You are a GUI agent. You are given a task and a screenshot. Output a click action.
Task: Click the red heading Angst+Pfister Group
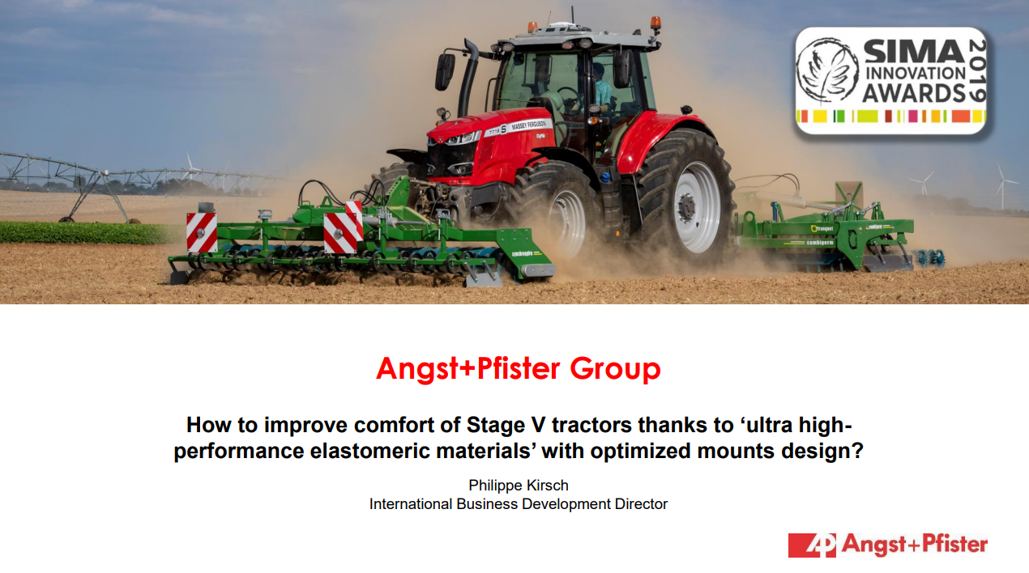point(519,369)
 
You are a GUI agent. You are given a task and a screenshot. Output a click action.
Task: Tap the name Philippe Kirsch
point(519,485)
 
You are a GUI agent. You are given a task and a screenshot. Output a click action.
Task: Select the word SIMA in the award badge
point(914,51)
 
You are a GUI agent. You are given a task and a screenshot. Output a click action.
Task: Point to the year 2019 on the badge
point(977,70)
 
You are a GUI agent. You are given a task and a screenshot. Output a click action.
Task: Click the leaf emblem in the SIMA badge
point(827,70)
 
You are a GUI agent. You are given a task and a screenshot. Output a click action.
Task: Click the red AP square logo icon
point(812,545)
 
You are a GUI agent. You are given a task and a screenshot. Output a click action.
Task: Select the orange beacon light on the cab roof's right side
point(655,22)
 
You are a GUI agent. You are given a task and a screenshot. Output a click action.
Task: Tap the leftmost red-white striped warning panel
point(202,232)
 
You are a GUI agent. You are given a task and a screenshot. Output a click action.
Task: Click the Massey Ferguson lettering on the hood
point(527,125)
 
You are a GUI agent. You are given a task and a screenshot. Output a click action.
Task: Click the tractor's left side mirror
point(444,72)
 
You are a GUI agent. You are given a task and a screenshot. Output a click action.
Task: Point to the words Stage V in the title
point(505,425)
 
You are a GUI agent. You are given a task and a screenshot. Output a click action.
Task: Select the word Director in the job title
point(641,503)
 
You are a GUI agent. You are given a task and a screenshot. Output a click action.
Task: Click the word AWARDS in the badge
point(914,93)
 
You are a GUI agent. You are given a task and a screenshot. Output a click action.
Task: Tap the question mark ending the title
point(858,451)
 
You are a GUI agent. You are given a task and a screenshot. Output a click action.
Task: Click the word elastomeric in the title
point(369,451)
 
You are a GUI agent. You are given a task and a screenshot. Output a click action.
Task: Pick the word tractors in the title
point(591,425)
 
